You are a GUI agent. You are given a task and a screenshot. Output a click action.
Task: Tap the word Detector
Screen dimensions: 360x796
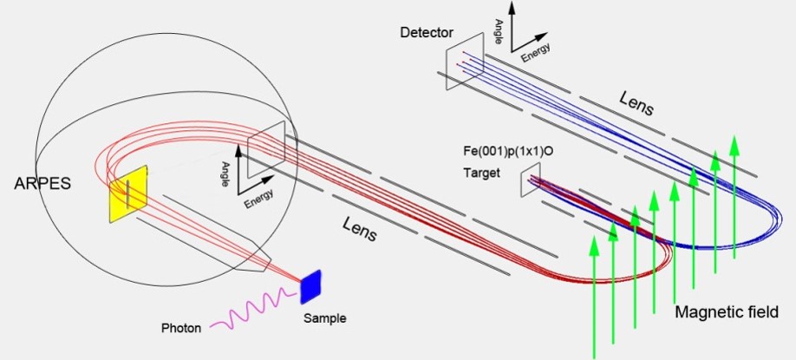427,33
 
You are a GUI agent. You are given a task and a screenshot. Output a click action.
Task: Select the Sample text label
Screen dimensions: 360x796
325,318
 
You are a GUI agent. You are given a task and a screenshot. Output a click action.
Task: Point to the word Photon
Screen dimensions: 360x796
181,329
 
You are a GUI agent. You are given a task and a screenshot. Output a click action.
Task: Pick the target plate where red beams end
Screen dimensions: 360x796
531,180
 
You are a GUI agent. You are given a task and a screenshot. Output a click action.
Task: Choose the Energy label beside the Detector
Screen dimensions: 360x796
535,54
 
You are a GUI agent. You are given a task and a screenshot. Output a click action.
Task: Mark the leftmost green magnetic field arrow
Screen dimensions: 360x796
595,295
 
